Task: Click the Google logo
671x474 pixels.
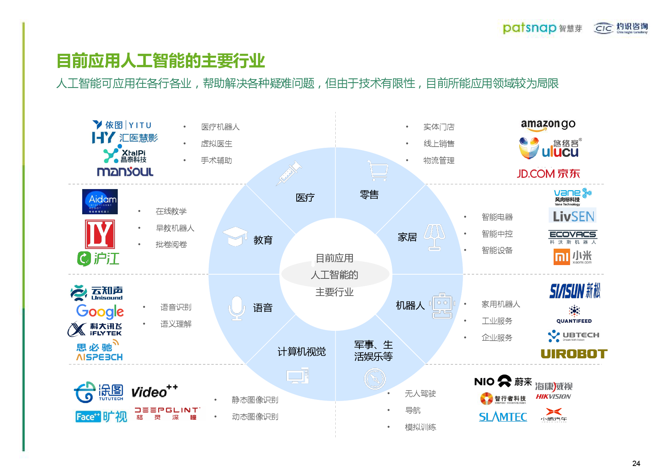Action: tap(100, 312)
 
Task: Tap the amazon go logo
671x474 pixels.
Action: tap(548, 125)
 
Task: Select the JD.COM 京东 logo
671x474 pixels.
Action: tap(548, 174)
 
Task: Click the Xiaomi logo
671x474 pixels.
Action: tap(572, 257)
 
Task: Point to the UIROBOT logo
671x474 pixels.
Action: tap(574, 354)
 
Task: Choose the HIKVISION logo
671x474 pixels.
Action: tap(553, 391)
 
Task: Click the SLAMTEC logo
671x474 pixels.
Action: tap(503, 417)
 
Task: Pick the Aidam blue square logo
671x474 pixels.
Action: tap(100, 202)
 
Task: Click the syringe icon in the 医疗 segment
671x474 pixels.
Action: tap(289, 173)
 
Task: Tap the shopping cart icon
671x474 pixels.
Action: tap(378, 170)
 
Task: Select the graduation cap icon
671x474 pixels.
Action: tap(235, 236)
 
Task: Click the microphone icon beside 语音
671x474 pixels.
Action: tap(237, 308)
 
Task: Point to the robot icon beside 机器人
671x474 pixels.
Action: tap(442, 305)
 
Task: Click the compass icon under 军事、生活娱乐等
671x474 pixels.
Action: tap(375, 379)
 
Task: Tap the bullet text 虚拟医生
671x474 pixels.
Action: tap(216, 144)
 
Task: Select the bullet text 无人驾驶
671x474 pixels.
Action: tap(420, 393)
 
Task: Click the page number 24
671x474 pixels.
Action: tap(636, 463)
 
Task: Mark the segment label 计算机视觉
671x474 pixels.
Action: tap(301, 351)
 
